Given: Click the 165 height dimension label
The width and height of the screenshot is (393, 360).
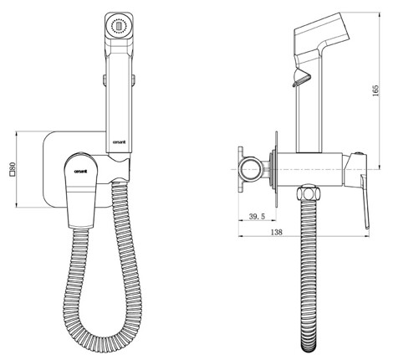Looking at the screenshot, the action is [375, 90].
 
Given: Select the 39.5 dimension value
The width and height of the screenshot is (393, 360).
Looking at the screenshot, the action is [257, 216].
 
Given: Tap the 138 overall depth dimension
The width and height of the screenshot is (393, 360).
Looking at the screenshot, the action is [277, 232].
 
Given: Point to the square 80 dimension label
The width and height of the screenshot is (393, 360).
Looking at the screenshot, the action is [12, 170].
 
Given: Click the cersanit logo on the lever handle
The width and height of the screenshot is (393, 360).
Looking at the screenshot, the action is [80, 172].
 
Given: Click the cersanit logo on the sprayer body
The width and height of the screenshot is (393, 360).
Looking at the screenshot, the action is [119, 141].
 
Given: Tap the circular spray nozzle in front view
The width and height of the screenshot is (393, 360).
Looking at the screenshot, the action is [119, 27].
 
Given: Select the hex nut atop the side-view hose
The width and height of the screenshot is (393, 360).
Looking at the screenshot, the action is [308, 193].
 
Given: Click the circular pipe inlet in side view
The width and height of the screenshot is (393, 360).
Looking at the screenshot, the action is [252, 170].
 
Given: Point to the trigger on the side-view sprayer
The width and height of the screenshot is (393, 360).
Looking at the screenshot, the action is [300, 78].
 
